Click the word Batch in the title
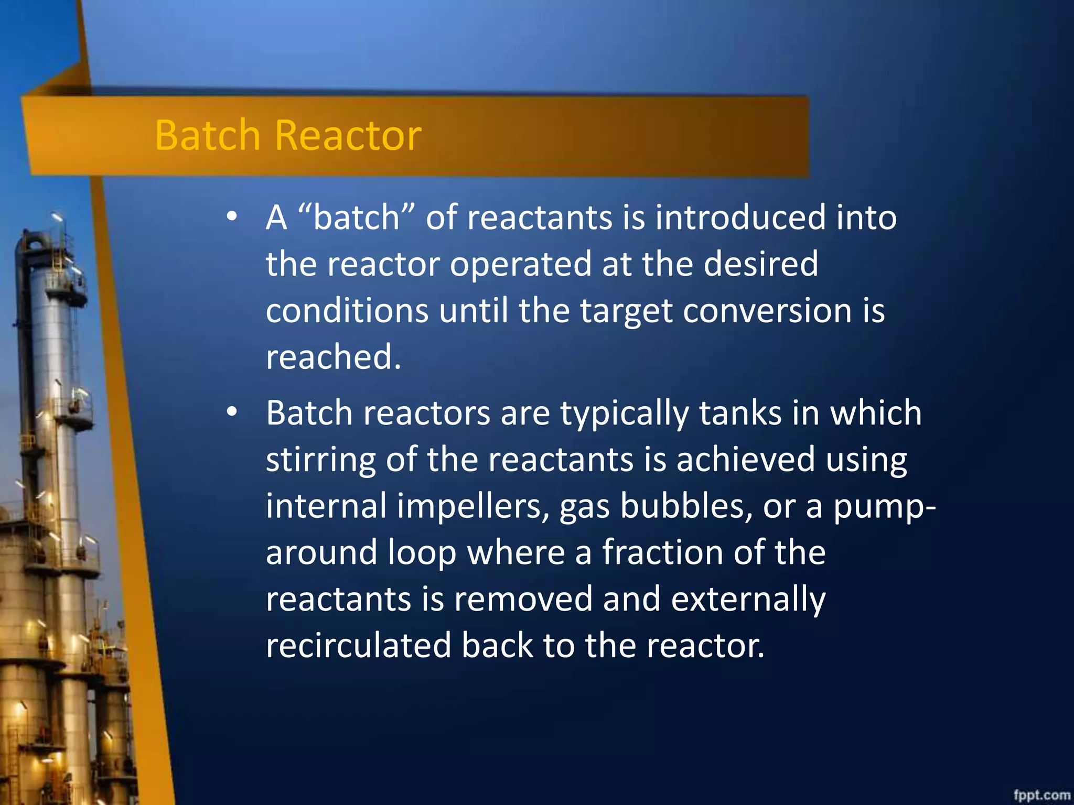[x=208, y=135]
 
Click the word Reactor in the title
[x=348, y=135]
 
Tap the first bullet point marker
[x=232, y=216]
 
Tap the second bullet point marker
[x=232, y=412]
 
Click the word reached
[x=333, y=357]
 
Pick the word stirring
[x=320, y=460]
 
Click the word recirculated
[x=358, y=645]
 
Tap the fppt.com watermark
[x=1041, y=795]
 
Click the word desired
[x=760, y=264]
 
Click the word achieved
[x=745, y=460]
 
